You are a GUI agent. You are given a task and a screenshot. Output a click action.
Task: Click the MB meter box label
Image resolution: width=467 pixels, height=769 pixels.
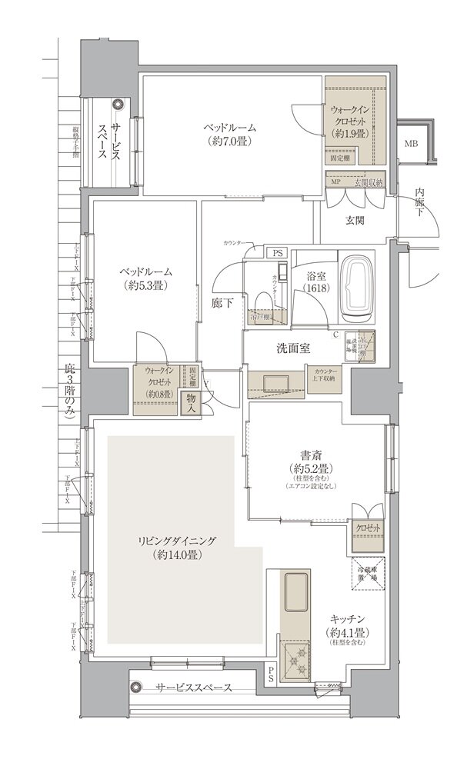coord(412,144)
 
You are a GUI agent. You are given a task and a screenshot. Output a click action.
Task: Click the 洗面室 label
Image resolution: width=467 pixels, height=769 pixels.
coord(293,348)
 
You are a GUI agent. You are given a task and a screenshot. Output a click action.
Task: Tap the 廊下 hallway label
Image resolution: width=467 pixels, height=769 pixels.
coord(222,304)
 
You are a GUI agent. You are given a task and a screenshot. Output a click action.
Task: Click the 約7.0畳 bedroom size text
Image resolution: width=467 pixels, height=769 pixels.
coord(230,141)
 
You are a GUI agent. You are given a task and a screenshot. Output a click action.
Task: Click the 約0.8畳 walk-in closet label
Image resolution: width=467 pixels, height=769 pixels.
coord(157,395)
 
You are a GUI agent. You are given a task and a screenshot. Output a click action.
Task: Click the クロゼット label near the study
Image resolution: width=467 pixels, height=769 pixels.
coord(367,529)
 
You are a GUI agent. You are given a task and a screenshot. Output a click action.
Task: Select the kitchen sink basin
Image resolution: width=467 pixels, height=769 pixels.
coord(295,593)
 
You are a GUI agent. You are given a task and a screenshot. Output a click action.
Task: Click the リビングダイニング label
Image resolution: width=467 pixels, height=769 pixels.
coord(165,541)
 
